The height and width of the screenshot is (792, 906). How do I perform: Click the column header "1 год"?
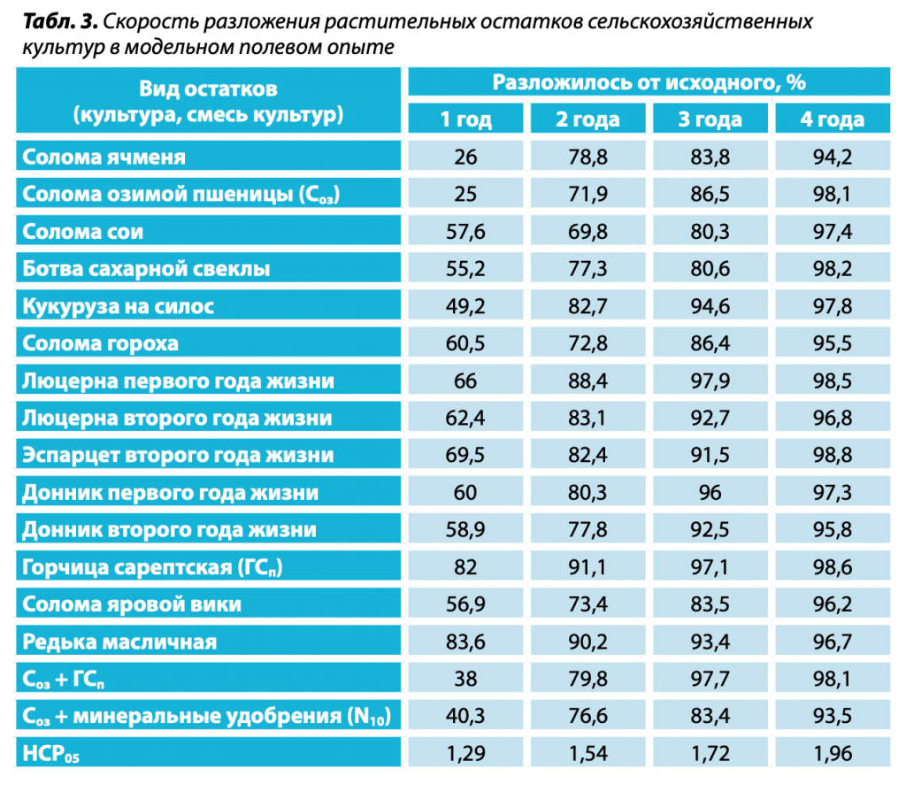point(466,119)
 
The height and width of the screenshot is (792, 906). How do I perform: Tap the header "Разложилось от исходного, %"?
point(649,83)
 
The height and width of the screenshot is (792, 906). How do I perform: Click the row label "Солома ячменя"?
point(104,158)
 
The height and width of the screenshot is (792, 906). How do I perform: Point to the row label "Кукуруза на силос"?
point(119,307)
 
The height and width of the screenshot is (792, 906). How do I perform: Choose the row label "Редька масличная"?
point(119,642)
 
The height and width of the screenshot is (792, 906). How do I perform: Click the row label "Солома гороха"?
point(101,344)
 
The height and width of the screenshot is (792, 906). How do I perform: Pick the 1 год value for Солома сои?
point(466,233)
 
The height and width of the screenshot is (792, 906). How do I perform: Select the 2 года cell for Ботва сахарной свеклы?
point(587,270)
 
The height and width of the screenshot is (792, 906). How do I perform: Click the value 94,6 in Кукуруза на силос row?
point(710,307)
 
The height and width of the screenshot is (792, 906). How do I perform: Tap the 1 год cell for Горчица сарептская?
point(466,567)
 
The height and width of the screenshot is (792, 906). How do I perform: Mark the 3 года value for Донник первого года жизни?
point(710,493)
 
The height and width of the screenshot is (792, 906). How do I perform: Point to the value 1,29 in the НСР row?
point(466,754)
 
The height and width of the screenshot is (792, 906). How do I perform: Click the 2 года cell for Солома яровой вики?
point(587,604)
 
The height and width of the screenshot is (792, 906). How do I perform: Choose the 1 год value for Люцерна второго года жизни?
point(466,419)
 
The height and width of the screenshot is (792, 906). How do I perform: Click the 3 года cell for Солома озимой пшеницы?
point(710,196)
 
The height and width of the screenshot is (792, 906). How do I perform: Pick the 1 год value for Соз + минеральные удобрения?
point(466,716)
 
